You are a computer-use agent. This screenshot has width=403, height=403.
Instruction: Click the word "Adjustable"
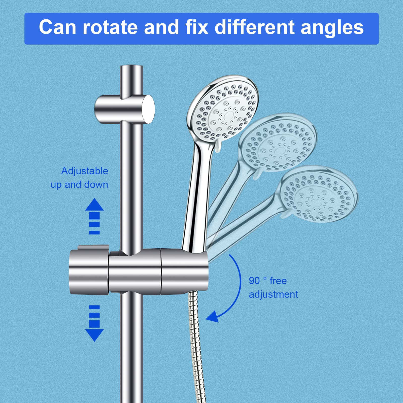(x=85, y=171)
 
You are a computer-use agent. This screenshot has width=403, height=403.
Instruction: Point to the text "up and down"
(x=79, y=185)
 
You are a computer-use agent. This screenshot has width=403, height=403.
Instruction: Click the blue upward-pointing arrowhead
(x=94, y=204)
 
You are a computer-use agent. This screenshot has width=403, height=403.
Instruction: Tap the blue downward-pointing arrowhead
(x=94, y=335)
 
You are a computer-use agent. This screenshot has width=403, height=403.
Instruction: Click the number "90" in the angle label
(x=254, y=281)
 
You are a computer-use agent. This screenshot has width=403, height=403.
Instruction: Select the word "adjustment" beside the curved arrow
(x=274, y=294)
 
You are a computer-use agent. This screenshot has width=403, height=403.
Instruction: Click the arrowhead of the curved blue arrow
(x=212, y=317)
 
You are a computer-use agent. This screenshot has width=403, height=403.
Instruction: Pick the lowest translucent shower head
(x=319, y=194)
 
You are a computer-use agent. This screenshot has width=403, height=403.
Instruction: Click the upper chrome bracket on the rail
(x=124, y=109)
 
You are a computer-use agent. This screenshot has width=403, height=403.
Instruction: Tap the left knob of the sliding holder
(x=89, y=269)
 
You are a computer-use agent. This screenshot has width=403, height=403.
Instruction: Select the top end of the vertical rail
(x=131, y=66)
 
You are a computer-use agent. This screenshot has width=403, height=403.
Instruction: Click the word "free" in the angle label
(x=278, y=281)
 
